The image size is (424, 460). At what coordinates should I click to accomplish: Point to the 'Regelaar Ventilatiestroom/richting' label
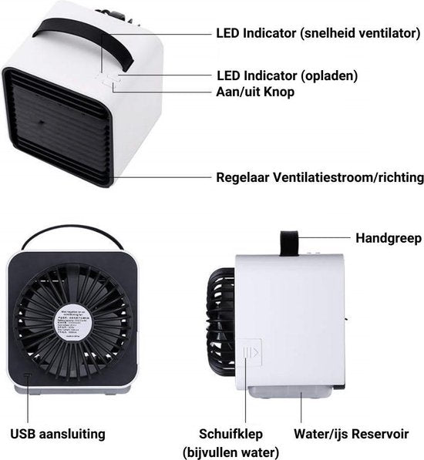click(319, 177)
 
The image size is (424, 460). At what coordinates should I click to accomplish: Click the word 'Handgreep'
click(389, 238)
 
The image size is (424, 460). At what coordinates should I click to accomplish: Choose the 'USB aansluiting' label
click(57, 434)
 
